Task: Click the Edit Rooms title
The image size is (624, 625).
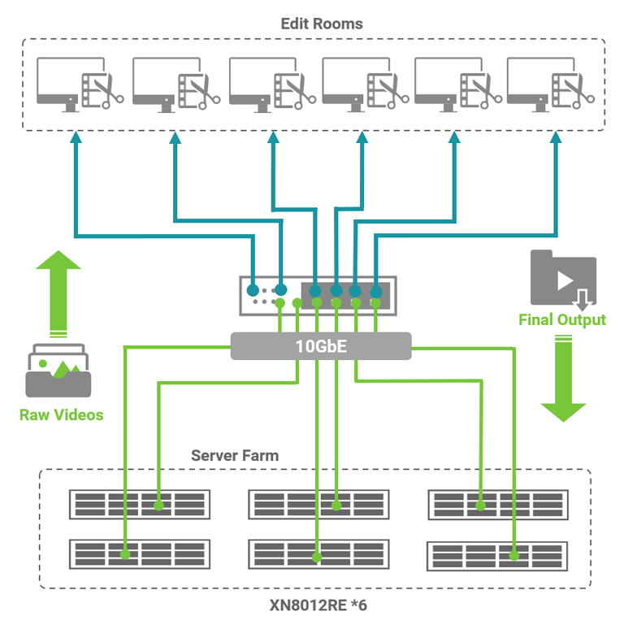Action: pos(321,24)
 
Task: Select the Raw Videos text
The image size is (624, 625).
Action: pos(62,414)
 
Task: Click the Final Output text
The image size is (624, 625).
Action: pos(562,319)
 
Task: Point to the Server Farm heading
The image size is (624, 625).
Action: pos(234,455)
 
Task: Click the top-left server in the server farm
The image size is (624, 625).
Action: pos(139,505)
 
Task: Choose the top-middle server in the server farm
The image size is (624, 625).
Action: pos(318,505)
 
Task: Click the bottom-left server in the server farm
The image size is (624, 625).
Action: pos(139,554)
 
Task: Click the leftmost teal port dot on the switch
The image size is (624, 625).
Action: pos(253,290)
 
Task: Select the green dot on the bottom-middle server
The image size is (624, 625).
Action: pos(317,558)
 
